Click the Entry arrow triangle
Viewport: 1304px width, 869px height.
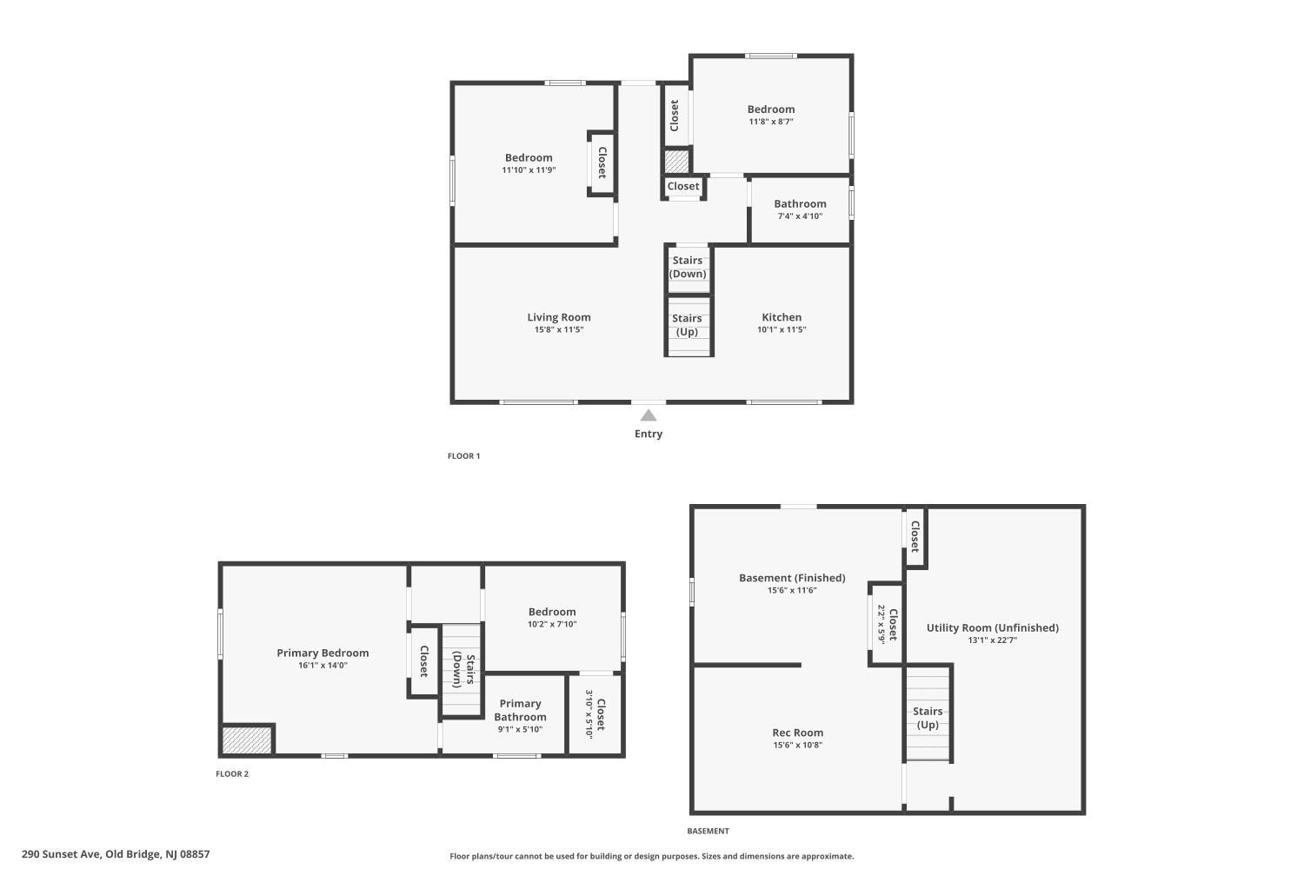[x=649, y=415]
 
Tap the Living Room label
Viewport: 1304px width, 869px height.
[x=559, y=317]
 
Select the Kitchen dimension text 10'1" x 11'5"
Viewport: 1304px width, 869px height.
[x=782, y=329]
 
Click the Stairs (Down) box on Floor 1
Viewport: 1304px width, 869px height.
[x=688, y=268]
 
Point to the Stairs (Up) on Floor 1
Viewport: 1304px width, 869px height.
[x=688, y=326]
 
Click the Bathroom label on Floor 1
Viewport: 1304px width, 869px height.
[x=800, y=204]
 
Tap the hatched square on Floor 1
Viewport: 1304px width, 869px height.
[x=676, y=162]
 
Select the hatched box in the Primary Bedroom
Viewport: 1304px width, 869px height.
[x=247, y=740]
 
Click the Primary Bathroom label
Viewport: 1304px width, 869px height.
[x=520, y=710]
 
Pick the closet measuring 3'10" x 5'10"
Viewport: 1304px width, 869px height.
[x=595, y=713]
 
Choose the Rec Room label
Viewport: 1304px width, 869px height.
[x=797, y=733]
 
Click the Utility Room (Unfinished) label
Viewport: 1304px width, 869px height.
[x=992, y=627]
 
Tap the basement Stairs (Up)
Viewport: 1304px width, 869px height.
[x=928, y=717]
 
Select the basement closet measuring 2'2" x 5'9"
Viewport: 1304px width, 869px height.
[x=887, y=623]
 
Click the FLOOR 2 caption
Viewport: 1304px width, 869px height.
[x=232, y=774]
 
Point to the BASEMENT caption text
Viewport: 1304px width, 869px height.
[x=708, y=832]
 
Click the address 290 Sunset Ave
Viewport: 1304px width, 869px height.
[x=116, y=854]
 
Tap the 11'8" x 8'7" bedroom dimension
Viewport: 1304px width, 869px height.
[x=771, y=122]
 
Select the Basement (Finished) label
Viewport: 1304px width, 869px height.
[x=792, y=578]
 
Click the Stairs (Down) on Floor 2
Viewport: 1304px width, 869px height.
[x=462, y=670]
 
